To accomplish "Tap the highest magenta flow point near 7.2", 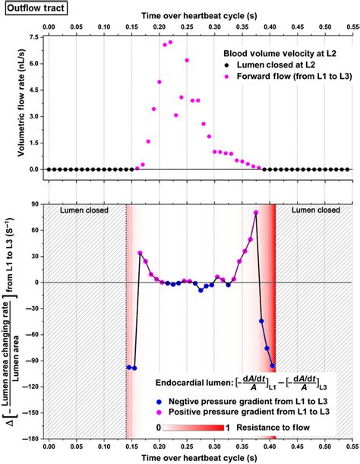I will coord(170,43).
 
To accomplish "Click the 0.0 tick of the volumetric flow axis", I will coord(34,169).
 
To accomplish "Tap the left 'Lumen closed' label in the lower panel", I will coord(84,210).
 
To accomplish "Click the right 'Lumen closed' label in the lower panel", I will coord(308,210).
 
